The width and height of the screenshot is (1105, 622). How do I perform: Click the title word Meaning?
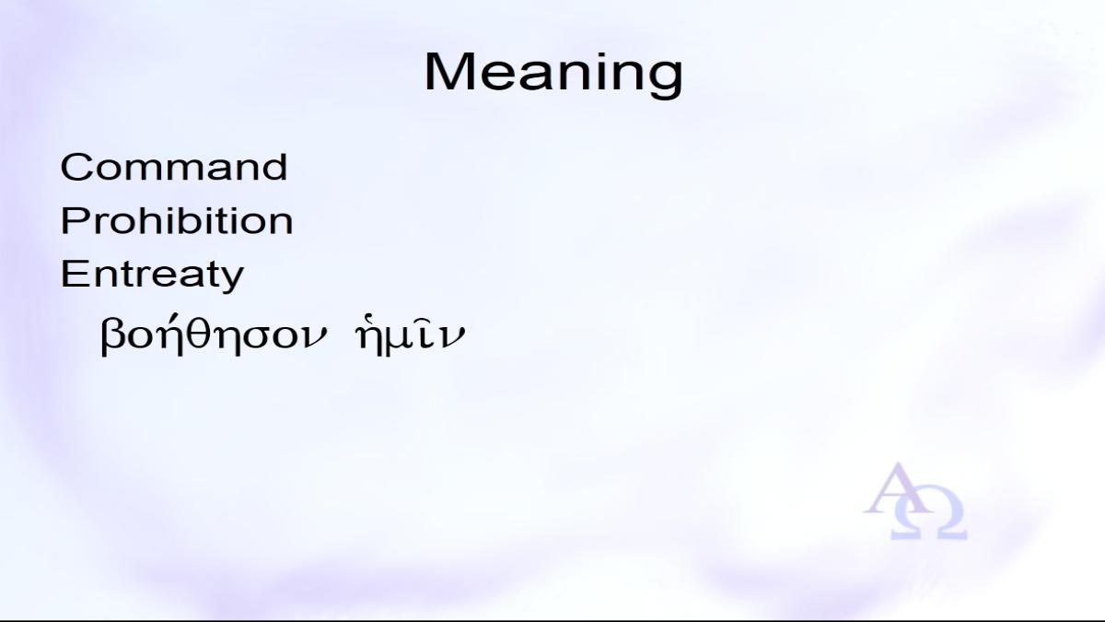(553, 75)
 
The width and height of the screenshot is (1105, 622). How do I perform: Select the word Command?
(174, 167)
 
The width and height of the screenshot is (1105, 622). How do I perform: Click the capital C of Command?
(76, 168)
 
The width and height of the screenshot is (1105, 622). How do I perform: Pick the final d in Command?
(274, 167)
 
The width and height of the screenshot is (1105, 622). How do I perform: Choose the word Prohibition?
(177, 220)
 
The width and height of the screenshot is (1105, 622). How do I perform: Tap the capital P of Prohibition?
(73, 220)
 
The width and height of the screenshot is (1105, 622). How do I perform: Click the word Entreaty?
(152, 276)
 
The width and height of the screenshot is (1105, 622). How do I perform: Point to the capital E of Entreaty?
(73, 273)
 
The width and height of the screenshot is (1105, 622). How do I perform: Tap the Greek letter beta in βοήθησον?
(111, 336)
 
